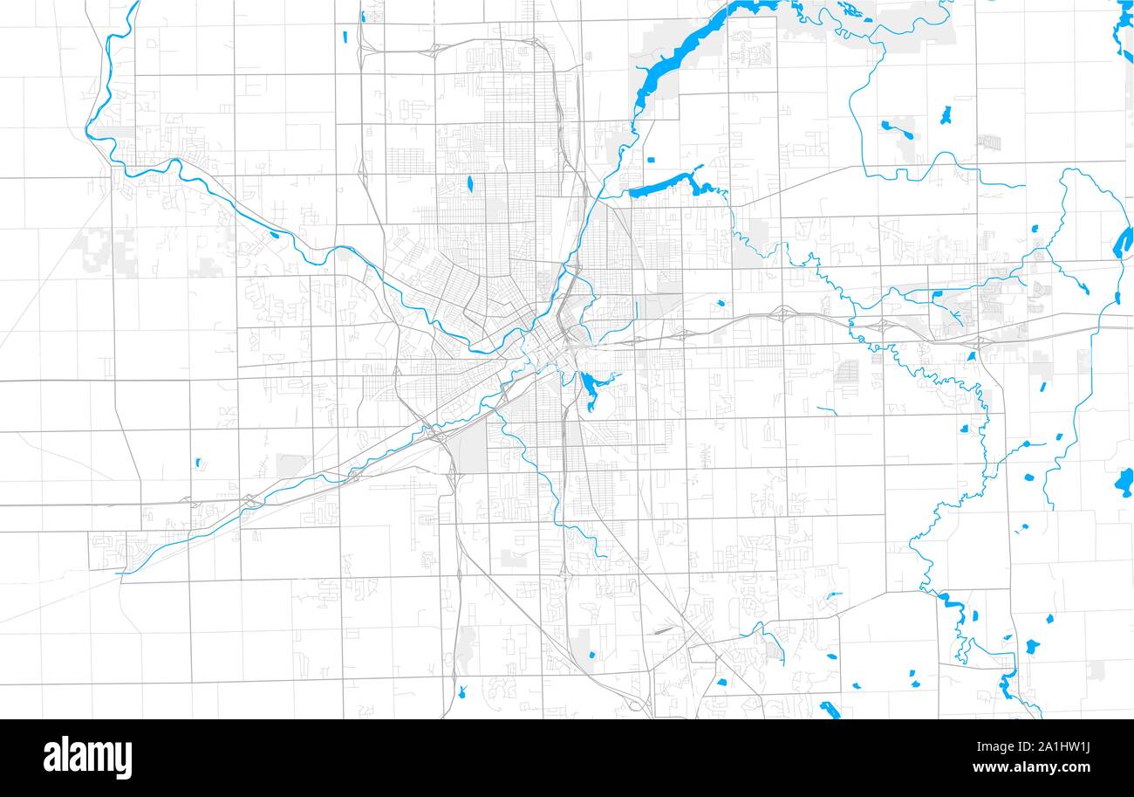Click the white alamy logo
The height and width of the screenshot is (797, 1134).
[88, 758]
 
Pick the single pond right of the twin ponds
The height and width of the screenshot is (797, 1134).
[946, 115]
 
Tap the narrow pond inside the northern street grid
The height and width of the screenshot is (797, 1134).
[469, 183]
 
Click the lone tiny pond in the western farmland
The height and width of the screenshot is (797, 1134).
[198, 462]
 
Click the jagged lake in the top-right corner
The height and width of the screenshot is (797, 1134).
[1124, 31]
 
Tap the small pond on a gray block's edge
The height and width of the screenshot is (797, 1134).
[592, 655]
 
